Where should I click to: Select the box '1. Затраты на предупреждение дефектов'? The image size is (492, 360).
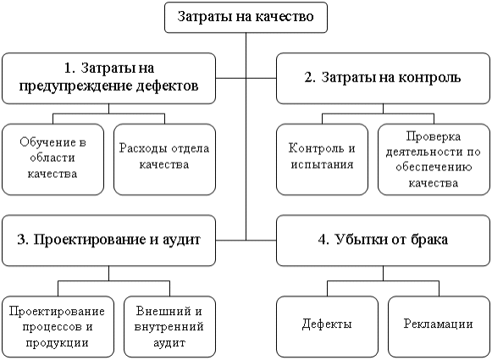pos(108,76)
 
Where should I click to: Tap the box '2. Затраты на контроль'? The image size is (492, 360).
pos(382,77)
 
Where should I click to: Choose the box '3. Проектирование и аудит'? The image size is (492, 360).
pos(108,240)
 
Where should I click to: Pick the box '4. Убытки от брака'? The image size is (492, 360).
pos(382,240)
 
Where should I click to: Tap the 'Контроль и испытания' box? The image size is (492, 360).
pos(323,158)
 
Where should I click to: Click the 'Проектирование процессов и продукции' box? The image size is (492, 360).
pos(56,327)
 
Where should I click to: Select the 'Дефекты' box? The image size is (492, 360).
pos(327,325)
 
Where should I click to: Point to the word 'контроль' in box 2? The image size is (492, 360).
pos(433,77)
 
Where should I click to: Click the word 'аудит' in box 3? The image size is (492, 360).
pos(181,240)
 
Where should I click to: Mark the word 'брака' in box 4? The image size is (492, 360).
pos(430,240)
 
